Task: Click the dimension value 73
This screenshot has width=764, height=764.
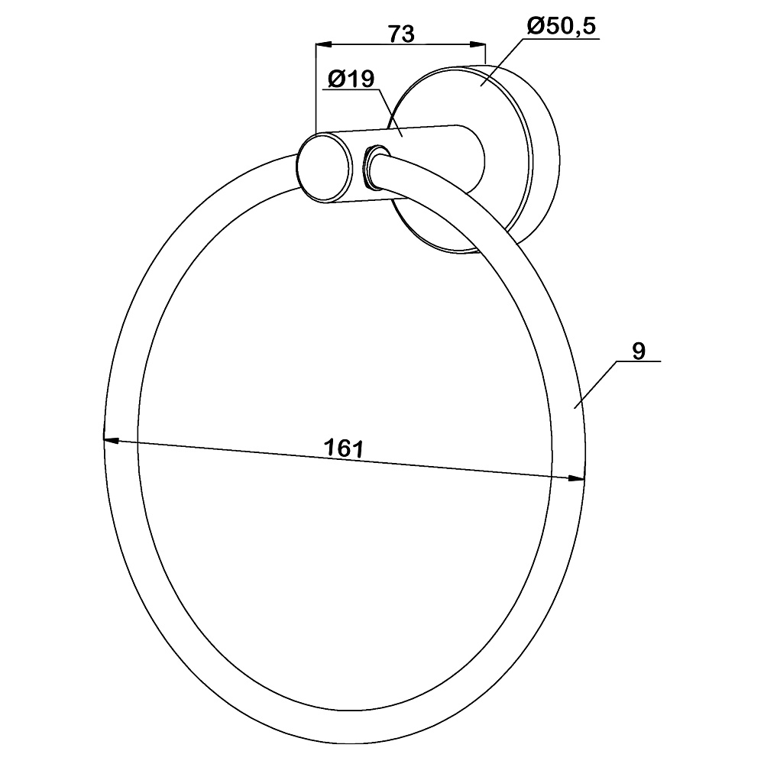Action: [x=401, y=34]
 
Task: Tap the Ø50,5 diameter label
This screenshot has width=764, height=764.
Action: [x=561, y=26]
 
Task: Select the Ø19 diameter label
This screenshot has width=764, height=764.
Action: [x=351, y=79]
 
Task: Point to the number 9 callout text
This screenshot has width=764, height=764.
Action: [x=639, y=351]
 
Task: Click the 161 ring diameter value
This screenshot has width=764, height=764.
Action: [x=344, y=448]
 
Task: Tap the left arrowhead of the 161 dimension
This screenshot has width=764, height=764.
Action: [x=111, y=441]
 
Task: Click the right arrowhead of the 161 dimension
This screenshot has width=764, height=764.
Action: [x=576, y=478]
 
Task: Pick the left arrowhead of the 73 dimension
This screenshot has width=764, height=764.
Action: [x=324, y=45]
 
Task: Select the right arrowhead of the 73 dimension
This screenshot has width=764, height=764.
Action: [x=478, y=44]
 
